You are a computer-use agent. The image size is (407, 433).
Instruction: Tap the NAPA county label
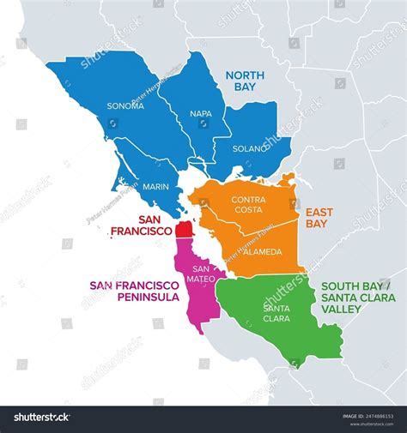click(200, 112)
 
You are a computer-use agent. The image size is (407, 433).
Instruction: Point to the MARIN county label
click(155, 186)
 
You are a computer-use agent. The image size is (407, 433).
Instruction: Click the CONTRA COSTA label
click(249, 205)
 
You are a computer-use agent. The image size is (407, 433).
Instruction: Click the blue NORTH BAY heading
click(246, 81)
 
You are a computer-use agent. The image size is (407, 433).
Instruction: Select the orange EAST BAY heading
click(319, 217)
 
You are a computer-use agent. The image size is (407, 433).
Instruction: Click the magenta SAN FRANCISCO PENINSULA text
click(134, 291)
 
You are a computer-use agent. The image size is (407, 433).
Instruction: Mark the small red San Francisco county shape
click(183, 231)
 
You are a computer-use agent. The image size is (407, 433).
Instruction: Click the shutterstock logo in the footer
click(41, 418)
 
